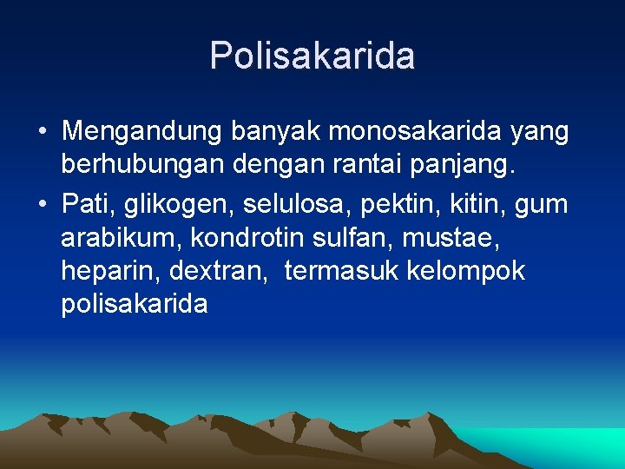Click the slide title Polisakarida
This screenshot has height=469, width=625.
(312, 56)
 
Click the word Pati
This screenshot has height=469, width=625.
(88, 205)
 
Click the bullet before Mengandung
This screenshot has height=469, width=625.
(42, 133)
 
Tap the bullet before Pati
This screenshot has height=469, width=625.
(42, 206)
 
